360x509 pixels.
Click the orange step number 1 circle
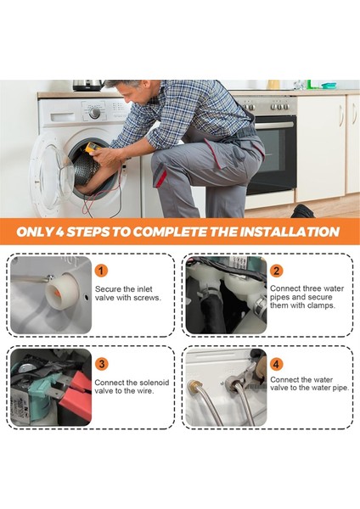click(x=101, y=271)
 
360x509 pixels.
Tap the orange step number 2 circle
click(x=276, y=271)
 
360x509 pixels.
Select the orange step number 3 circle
click(x=101, y=364)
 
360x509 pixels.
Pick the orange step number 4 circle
click(x=276, y=364)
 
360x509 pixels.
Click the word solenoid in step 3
click(x=155, y=383)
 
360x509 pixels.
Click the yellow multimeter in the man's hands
click(x=93, y=147)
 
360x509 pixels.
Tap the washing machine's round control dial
click(x=94, y=113)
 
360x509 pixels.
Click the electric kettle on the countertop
click(x=87, y=85)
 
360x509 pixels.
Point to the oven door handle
click(x=273, y=126)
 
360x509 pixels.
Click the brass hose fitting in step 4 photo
click(x=194, y=386)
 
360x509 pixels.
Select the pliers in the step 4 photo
click(x=248, y=373)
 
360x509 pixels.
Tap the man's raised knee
click(x=160, y=160)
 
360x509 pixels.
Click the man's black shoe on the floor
click(x=302, y=211)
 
